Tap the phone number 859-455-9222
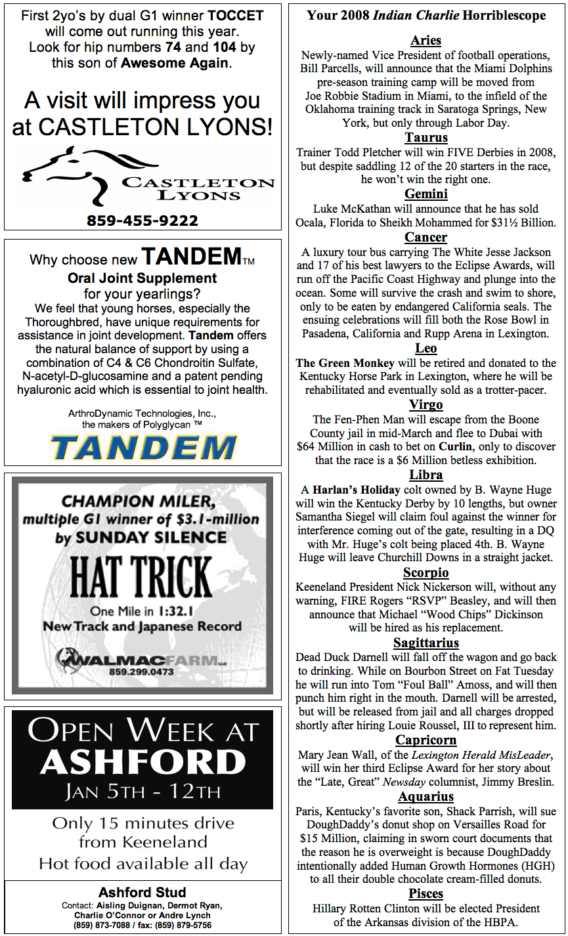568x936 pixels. point(142,221)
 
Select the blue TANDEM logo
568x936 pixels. point(142,448)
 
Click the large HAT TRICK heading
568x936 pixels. point(141,578)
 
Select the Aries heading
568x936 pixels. point(426,41)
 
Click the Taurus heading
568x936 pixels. point(426,138)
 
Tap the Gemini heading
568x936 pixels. point(426,194)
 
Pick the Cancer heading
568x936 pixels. point(426,238)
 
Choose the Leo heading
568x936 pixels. point(426,349)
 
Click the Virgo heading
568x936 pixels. point(426,404)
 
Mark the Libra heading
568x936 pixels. point(426,475)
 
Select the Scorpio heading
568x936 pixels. point(426,573)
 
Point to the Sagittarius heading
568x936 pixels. point(426,643)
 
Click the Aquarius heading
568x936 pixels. point(426,797)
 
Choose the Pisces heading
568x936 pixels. point(426,894)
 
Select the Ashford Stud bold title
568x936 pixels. point(142,893)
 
